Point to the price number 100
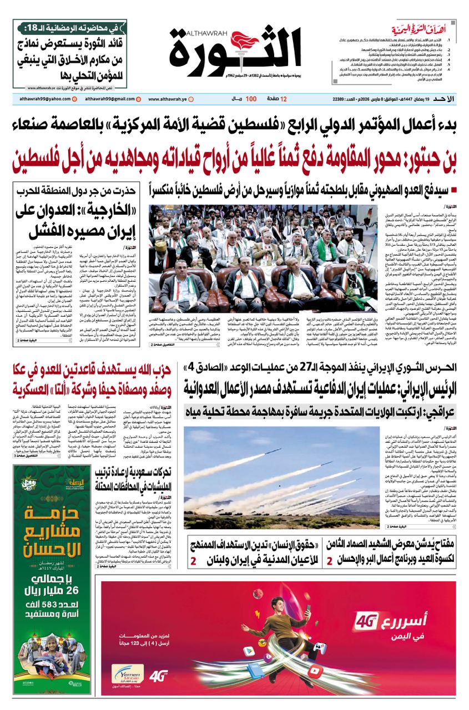(x=251, y=99)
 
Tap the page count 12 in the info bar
(x=284, y=99)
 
